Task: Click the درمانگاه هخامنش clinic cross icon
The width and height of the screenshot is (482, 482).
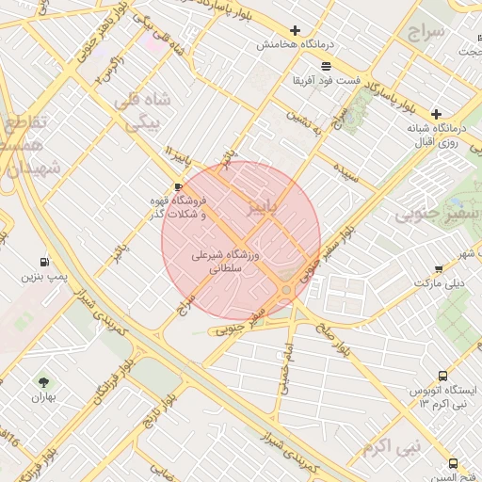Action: click(296, 31)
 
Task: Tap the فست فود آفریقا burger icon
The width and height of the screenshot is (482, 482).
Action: click(326, 66)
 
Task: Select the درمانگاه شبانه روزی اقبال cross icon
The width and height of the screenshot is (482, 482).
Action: click(436, 114)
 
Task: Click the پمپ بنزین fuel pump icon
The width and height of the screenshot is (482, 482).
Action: click(44, 263)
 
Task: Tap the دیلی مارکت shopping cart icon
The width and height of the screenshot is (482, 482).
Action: click(439, 268)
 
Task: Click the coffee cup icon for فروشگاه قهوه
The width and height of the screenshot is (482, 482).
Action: click(179, 187)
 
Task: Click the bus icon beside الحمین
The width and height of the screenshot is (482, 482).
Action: click(453, 464)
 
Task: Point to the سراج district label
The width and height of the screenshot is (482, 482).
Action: click(426, 32)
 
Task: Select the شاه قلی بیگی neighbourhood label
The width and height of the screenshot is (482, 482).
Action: click(142, 110)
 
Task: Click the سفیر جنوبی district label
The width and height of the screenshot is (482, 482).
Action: click(438, 215)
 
